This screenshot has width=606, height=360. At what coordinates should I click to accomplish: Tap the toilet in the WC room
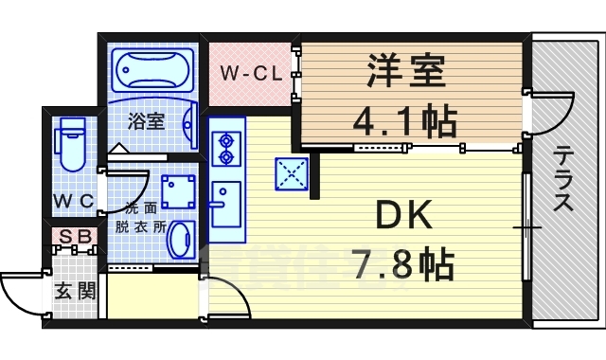(x=71, y=142)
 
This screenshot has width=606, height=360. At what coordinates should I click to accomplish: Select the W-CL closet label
(x=250, y=72)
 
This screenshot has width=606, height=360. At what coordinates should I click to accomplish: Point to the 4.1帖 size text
(x=405, y=120)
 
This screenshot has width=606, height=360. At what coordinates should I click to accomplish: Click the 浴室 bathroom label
(x=147, y=121)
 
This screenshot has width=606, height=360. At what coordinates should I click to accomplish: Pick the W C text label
(x=72, y=201)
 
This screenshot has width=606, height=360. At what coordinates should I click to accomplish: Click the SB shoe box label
(x=72, y=236)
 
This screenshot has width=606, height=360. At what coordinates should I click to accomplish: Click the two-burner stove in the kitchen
(x=227, y=148)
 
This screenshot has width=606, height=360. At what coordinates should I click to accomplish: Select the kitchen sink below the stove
(x=226, y=202)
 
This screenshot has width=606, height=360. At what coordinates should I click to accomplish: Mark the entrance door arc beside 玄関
(x=21, y=294)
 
